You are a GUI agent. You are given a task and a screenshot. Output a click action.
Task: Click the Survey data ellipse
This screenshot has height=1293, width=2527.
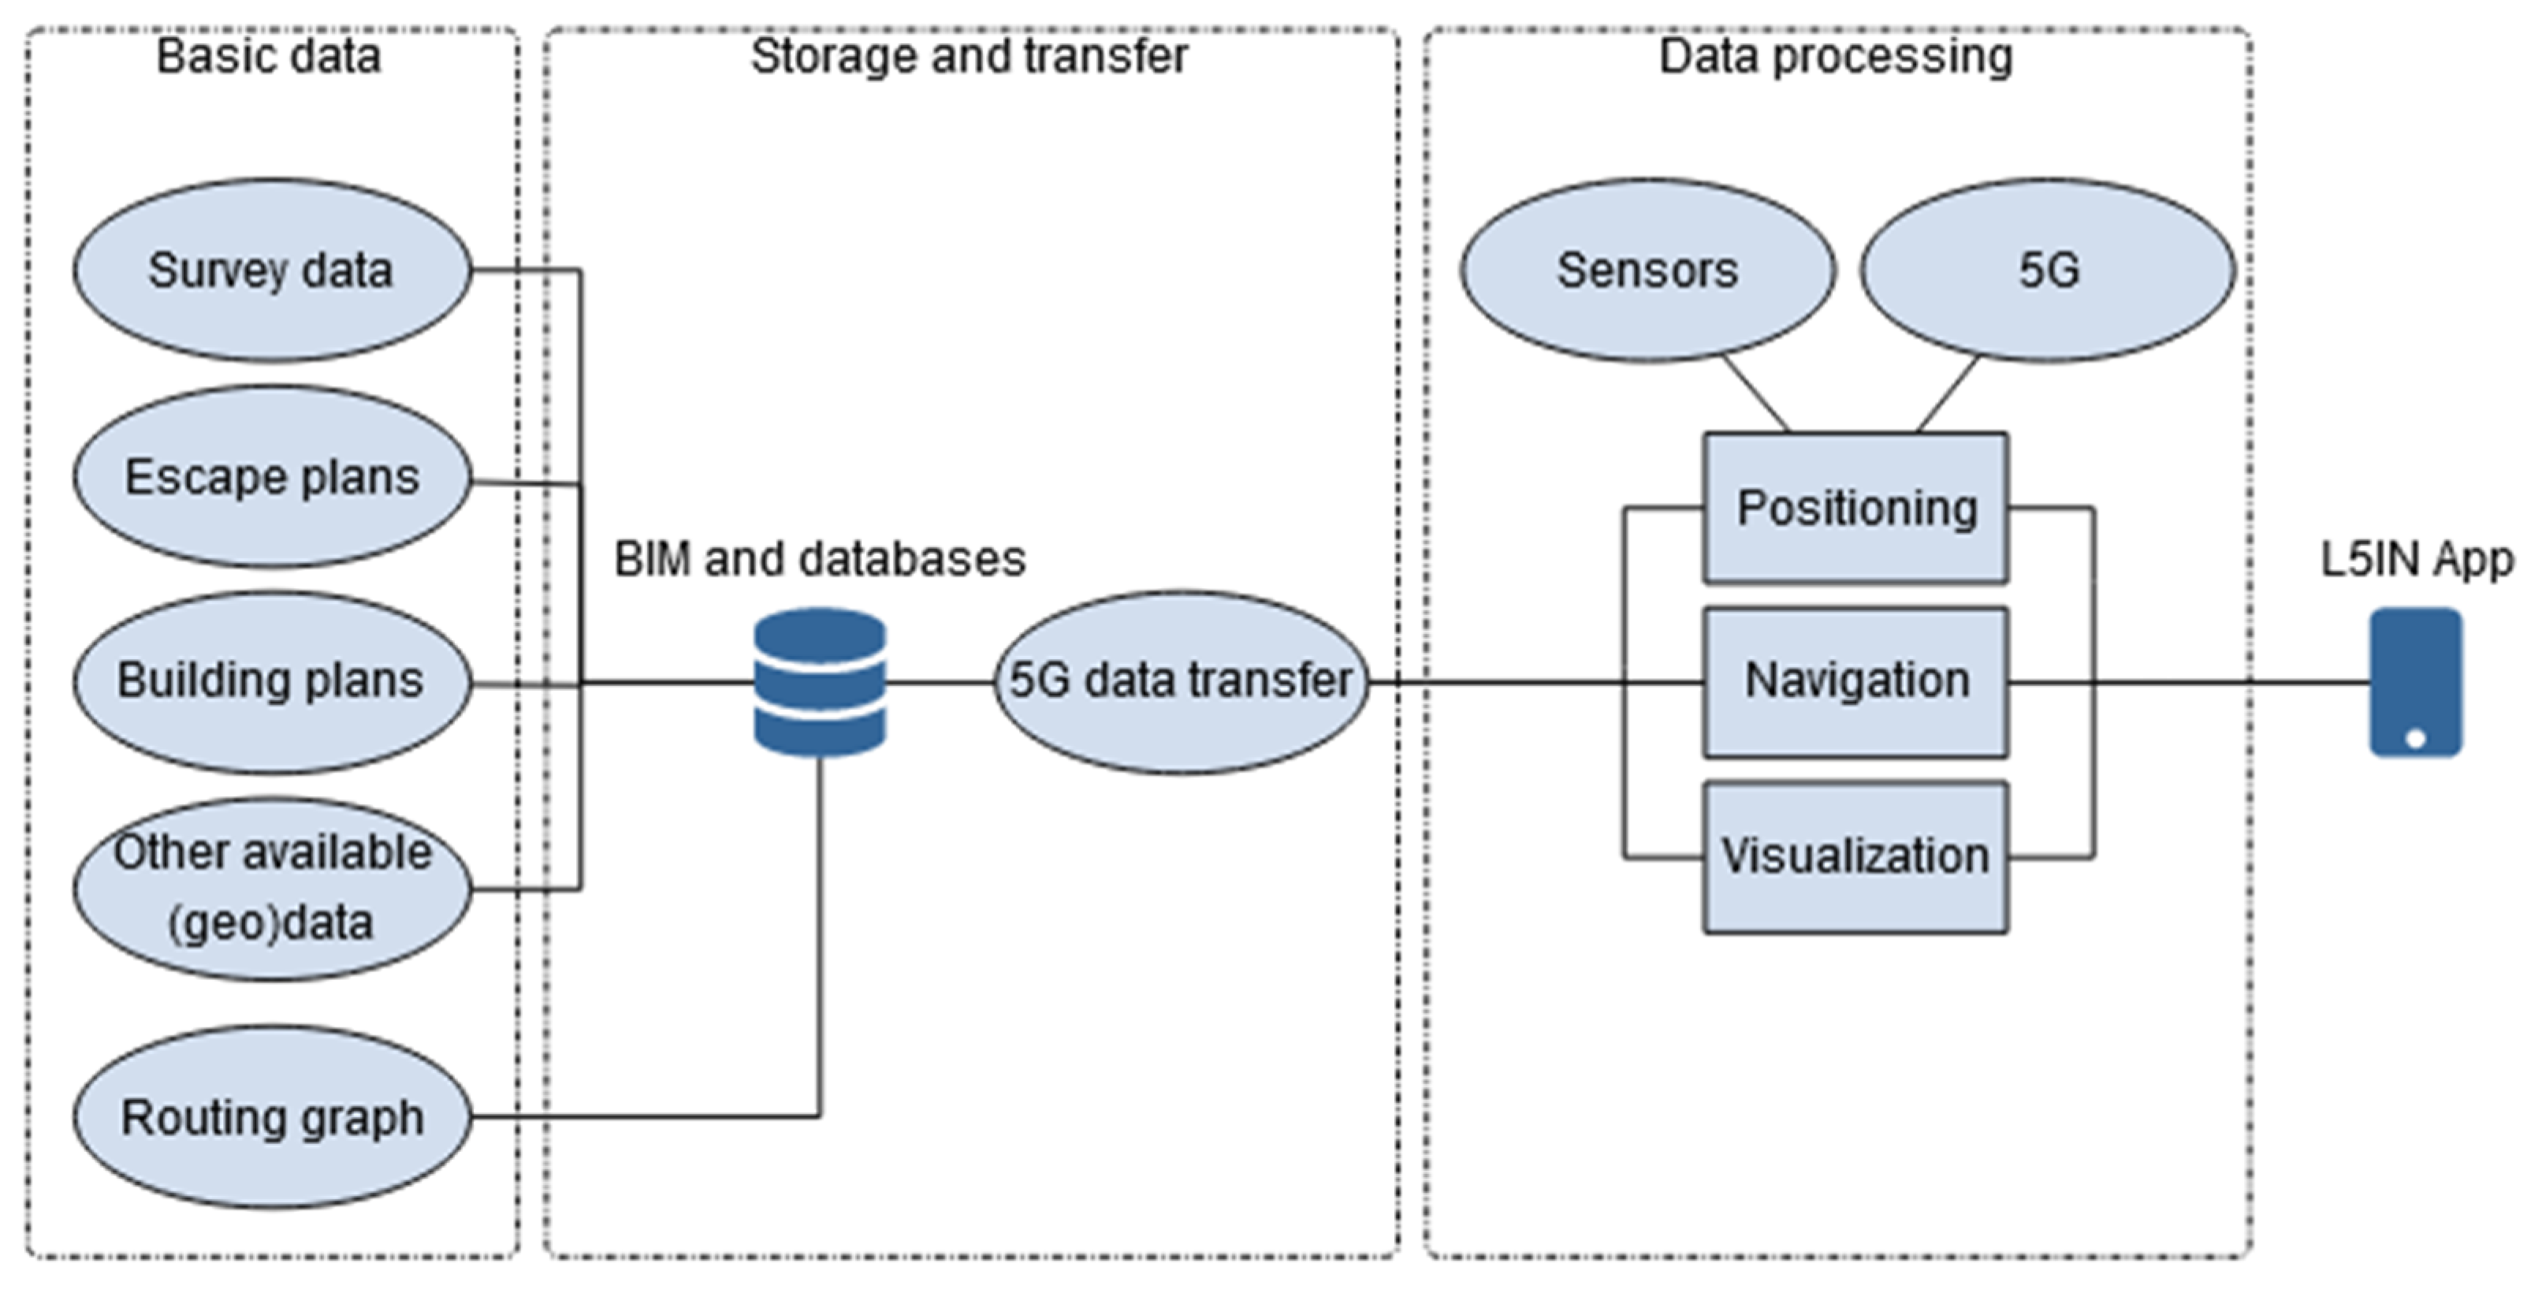(272, 270)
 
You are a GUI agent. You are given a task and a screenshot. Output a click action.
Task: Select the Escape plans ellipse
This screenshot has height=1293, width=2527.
(272, 477)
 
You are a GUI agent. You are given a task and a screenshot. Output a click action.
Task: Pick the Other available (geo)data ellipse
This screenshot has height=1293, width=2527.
(272, 888)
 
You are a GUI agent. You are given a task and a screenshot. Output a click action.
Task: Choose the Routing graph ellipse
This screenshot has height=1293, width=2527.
(272, 1117)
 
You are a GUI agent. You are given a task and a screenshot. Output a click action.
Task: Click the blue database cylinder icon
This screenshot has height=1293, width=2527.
(820, 682)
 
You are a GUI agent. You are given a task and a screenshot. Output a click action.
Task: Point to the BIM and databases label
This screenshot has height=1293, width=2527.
(820, 559)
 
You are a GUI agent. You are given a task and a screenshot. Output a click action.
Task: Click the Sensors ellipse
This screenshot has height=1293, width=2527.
(1647, 270)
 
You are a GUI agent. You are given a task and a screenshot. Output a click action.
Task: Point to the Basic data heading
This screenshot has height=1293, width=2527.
(269, 56)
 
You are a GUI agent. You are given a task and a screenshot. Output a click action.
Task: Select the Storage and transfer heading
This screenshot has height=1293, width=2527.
(969, 56)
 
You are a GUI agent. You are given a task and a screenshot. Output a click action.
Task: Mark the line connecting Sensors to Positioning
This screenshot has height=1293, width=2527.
(1756, 394)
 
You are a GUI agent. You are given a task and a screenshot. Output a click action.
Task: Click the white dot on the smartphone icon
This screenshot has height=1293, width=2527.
(2416, 739)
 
